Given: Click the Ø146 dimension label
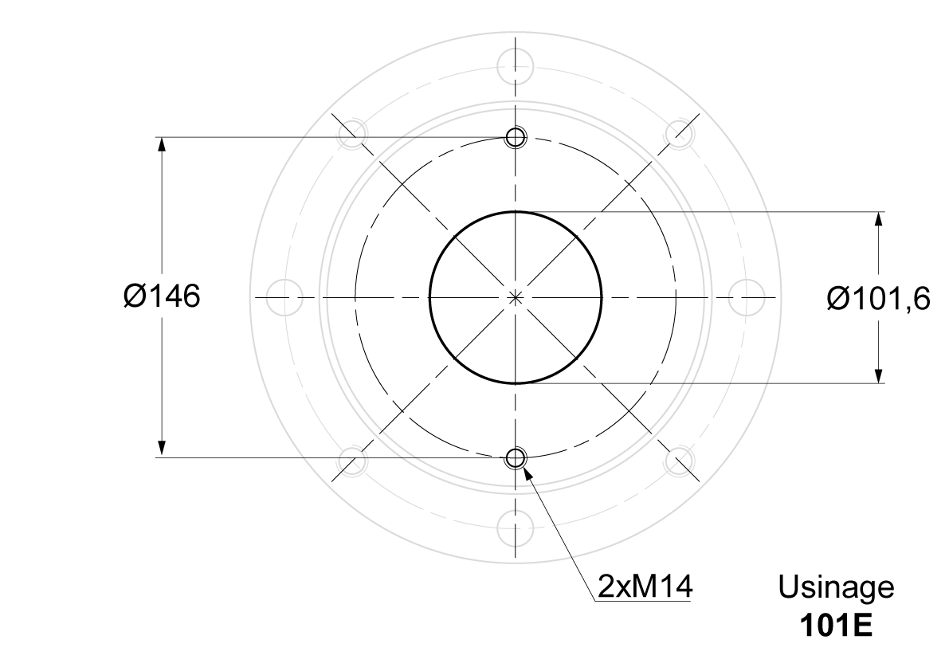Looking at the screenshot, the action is [162, 296].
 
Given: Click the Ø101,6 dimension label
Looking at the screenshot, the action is [878, 299].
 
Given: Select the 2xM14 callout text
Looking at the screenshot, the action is [645, 587].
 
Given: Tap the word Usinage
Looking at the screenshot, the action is [836, 587].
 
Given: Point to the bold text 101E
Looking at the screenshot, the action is [836, 626].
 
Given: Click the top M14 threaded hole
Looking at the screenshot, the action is [516, 137].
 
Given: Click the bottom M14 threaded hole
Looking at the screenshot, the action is [516, 458].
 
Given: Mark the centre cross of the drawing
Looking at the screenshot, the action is [516, 297].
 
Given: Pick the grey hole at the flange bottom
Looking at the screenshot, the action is [515, 528].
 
